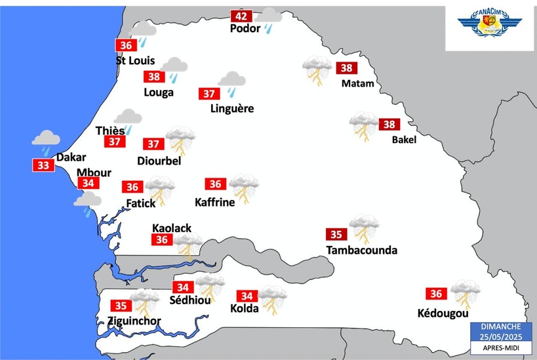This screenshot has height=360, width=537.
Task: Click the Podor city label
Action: pos(245,29)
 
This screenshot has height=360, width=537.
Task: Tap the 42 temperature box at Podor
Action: pos(241,16)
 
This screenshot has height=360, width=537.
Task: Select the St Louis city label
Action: pos(135,60)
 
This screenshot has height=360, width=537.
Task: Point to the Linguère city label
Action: pos(232,109)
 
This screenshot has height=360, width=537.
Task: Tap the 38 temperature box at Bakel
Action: pos(389,125)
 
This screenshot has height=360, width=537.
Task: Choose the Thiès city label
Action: pos(109,130)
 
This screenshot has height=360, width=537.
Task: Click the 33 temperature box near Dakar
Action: pos(43,165)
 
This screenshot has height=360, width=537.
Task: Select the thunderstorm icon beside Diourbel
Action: pos(180,139)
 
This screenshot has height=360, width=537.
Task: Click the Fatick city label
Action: pos(141,203)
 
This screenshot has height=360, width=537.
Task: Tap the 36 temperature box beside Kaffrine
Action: pos(214,184)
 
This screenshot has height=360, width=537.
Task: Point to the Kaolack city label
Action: pos(172,228)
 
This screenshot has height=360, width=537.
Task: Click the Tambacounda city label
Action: pos(361,250)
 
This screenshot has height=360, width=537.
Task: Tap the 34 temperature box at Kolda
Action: pos(248,296)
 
